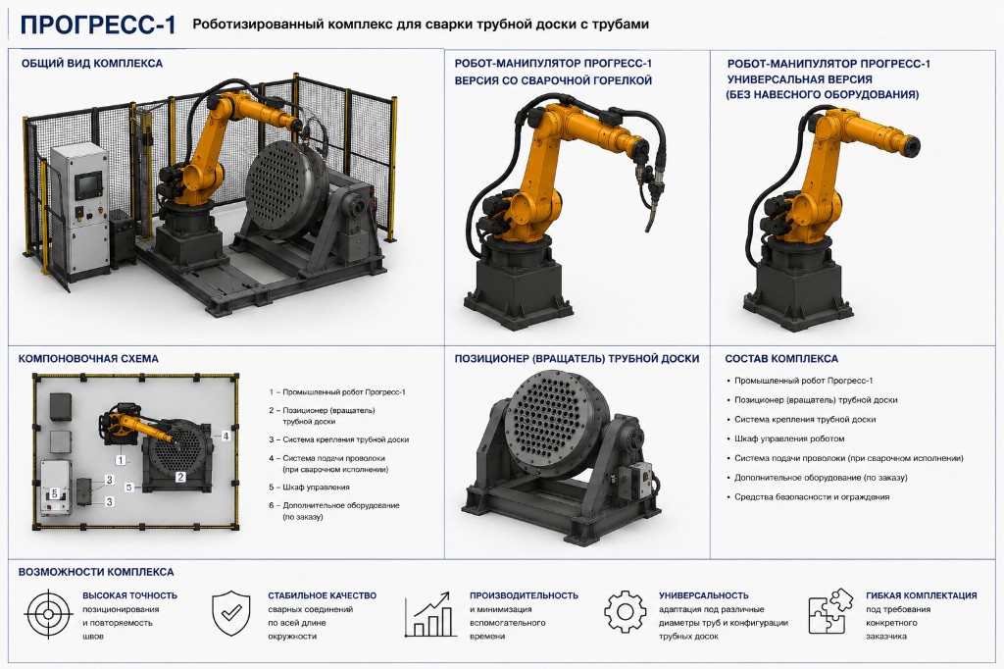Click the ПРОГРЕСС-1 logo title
98,25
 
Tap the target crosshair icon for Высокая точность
48,614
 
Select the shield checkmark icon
231,613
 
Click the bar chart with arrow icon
429,614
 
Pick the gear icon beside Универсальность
625,612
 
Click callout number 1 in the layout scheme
120,460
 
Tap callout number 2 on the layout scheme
180,477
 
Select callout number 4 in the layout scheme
226,436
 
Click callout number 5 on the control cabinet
55,493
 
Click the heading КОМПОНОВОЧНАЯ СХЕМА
88,359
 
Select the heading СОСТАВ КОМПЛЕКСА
781,359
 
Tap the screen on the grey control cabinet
87,185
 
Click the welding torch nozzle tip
647,229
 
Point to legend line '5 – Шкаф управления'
309,487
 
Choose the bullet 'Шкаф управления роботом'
789,438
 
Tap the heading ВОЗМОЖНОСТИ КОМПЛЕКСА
96,572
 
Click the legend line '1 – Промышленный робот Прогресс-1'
337,392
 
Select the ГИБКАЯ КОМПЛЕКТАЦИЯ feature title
922,595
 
